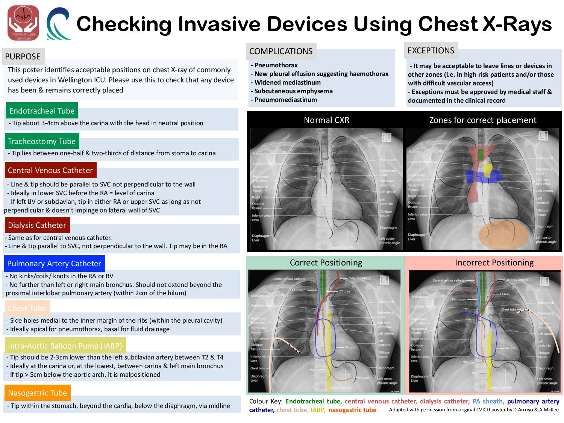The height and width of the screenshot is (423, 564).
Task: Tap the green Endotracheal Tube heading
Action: coord(42,111)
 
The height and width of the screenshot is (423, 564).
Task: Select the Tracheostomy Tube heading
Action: coord(42,141)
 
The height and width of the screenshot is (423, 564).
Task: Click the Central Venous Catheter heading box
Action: coord(50,170)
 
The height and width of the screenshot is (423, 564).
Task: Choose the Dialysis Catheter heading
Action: coord(37,225)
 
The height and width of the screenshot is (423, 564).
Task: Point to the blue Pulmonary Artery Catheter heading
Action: coord(54,264)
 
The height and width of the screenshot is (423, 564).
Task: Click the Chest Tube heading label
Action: coord(27,308)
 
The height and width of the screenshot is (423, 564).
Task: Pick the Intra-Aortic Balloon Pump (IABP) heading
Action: coord(65,346)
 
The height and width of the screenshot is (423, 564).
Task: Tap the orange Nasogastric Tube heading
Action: coord(37,393)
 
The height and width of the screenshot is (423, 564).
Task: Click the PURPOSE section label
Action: coord(23,56)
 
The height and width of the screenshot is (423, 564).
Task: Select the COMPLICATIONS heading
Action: coord(281,51)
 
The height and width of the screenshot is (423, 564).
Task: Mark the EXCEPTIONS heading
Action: coord(431,50)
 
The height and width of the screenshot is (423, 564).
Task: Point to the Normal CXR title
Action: coord(326,120)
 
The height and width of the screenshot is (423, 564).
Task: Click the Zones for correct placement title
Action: coord(482,120)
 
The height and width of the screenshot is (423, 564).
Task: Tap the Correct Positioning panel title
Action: coord(326,262)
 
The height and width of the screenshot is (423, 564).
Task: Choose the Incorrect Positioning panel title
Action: coord(494,262)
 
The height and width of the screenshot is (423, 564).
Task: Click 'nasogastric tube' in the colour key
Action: coord(352,410)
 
